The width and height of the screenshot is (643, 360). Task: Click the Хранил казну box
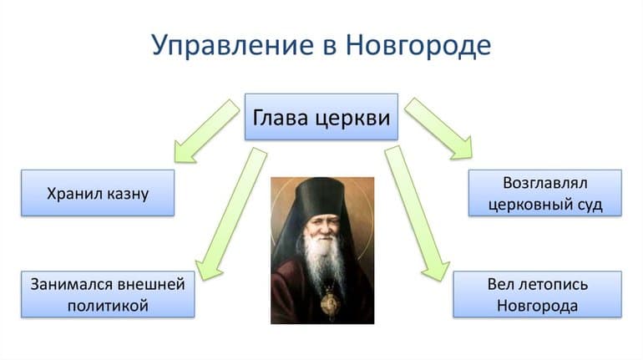click(98, 194)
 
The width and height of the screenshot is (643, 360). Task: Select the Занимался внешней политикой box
click(107, 294)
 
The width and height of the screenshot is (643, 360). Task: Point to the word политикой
click(107, 306)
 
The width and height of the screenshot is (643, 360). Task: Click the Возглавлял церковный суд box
click(544, 193)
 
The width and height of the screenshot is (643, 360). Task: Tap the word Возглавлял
click(544, 182)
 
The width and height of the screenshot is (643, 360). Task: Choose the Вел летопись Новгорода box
click(537, 294)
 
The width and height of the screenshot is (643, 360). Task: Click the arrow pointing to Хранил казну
click(205, 130)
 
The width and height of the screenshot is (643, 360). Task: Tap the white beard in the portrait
click(323, 263)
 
